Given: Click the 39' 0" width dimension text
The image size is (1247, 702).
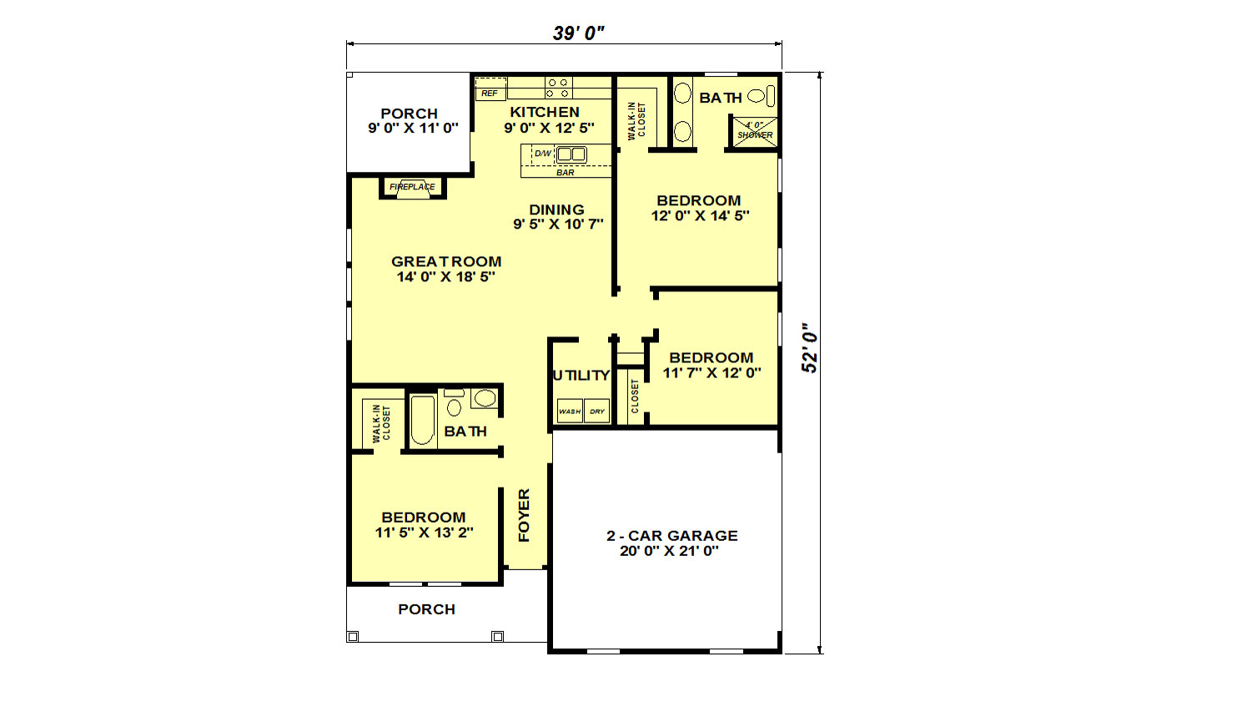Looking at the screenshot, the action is (x=578, y=33).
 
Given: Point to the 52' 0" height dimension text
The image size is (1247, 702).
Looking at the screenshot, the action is (x=809, y=347).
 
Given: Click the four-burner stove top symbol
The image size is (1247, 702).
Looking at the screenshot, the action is (x=558, y=88).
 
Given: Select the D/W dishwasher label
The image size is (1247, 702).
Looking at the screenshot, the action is (x=543, y=154).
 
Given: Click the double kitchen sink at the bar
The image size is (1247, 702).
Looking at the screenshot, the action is (x=571, y=154).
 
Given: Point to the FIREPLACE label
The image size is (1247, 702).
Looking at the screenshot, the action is (x=413, y=187).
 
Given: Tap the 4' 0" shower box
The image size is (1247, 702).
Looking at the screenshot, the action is (x=754, y=132).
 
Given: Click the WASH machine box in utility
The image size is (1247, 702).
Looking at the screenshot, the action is (x=570, y=412).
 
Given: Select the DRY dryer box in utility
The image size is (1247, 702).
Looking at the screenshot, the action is (x=596, y=412).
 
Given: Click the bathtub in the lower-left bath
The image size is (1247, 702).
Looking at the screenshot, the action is (x=423, y=420).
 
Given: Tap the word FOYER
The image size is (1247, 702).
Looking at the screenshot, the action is (x=525, y=515).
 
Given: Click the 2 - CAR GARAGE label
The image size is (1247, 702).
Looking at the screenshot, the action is (x=672, y=535).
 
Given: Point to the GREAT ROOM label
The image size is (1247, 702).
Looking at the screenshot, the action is (x=446, y=261).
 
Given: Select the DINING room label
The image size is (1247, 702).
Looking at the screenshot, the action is (x=556, y=210).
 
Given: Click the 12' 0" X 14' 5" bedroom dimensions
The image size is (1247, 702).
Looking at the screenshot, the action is (x=701, y=215).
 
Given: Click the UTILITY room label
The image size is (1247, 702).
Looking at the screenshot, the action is (x=581, y=376).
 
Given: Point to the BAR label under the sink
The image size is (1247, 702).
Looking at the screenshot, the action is (x=565, y=173).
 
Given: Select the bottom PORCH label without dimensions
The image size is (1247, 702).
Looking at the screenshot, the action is (x=427, y=609).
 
